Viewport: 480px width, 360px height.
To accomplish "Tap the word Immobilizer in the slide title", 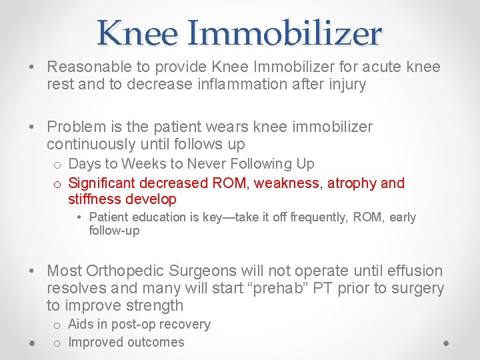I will (x=288, y=33).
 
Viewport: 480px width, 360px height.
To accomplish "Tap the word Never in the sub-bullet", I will (x=205, y=164).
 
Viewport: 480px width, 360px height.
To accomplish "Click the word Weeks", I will (x=144, y=164).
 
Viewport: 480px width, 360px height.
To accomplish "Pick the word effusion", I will (x=414, y=271).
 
